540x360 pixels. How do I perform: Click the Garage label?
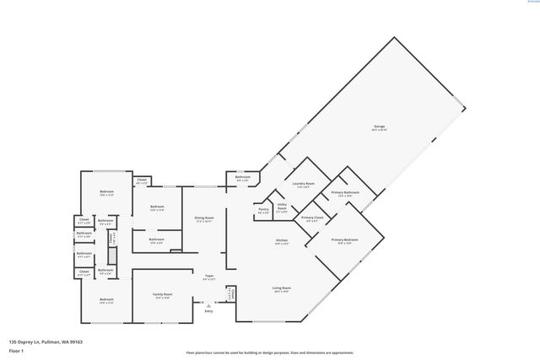[x=380, y=126]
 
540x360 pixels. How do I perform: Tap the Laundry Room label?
[x=304, y=183]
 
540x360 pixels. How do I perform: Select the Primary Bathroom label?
[x=345, y=192]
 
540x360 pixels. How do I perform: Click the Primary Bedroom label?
[x=344, y=239]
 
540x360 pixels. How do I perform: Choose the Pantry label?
[x=263, y=209]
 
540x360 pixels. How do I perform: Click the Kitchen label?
[x=282, y=241]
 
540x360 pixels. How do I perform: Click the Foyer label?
[x=209, y=276]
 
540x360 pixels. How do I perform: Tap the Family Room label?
[x=161, y=294]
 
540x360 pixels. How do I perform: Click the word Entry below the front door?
[x=209, y=311]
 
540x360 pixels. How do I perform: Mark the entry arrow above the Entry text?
[x=209, y=305]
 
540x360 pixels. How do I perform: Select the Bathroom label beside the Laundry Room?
[x=242, y=178]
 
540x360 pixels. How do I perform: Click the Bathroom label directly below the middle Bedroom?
[x=157, y=239]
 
